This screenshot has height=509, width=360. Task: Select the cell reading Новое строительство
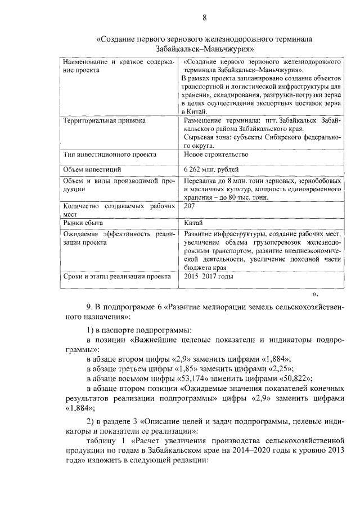tap(215, 154)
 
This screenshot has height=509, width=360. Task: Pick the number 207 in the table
tap(190, 207)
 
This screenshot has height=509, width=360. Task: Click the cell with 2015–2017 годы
tap(207, 277)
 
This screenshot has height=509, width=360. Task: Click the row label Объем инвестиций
tap(92, 169)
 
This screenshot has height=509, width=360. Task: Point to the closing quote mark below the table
tap(316, 293)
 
